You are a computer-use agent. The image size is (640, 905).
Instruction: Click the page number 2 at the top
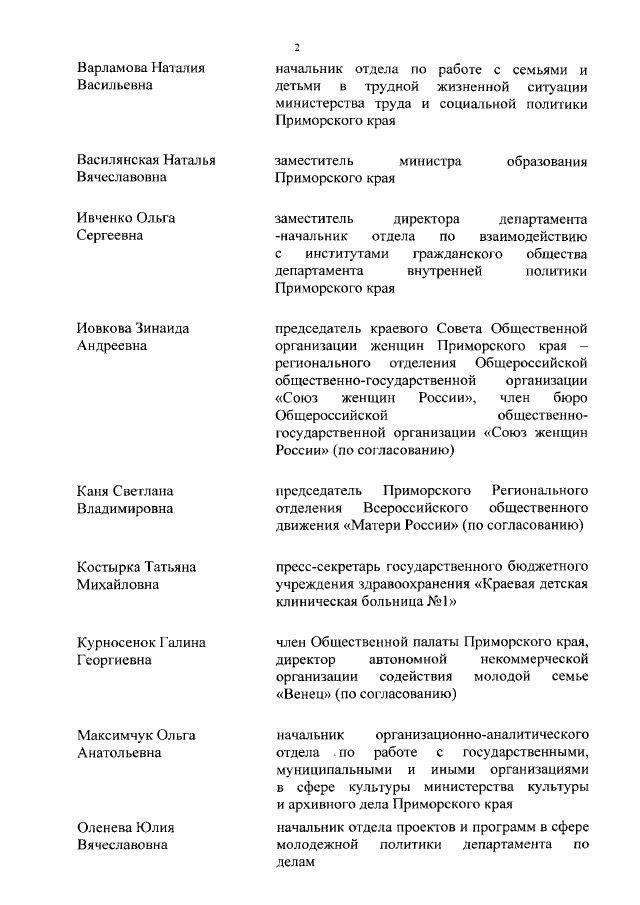coord(297,48)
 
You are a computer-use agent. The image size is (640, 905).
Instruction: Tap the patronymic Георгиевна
coord(120,661)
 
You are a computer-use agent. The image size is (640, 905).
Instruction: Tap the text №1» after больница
coord(440,603)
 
